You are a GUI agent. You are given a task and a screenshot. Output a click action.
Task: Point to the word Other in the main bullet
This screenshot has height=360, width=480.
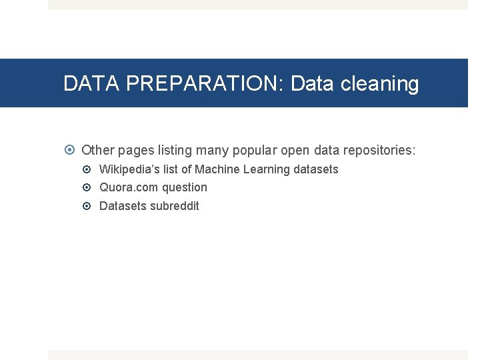98,151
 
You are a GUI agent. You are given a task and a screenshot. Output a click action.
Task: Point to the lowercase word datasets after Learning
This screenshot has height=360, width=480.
316,169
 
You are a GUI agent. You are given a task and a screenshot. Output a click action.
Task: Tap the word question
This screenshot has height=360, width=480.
185,188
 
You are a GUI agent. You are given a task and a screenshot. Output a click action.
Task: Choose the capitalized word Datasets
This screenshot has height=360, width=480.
123,206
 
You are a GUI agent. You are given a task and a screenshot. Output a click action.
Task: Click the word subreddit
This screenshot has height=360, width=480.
174,206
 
